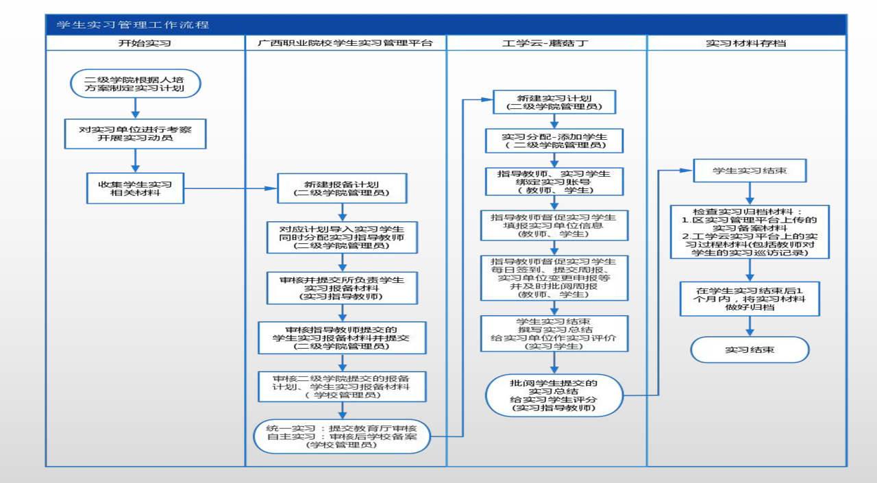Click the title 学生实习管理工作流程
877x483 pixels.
tap(133, 25)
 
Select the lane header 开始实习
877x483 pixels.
tap(145, 43)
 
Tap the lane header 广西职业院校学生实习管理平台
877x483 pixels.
tap(345, 43)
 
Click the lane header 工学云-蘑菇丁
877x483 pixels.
tap(545, 43)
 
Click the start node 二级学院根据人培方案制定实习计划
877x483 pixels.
tap(136, 83)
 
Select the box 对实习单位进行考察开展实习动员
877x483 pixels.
tap(135, 133)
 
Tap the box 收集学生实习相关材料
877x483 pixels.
tap(135, 188)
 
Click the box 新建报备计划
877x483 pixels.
tap(342, 188)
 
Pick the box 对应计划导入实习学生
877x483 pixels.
tap(342, 237)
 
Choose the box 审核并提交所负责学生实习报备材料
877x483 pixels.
tap(342, 288)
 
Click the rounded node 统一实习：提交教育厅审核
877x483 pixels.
tap(342, 436)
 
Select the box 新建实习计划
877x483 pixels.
tap(554, 102)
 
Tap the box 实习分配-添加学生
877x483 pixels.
tap(554, 140)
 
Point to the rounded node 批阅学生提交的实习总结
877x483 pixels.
tap(554, 395)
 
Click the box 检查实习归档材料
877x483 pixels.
tap(750, 232)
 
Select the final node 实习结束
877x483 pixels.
tap(750, 349)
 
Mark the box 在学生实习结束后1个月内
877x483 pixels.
tap(750, 299)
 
